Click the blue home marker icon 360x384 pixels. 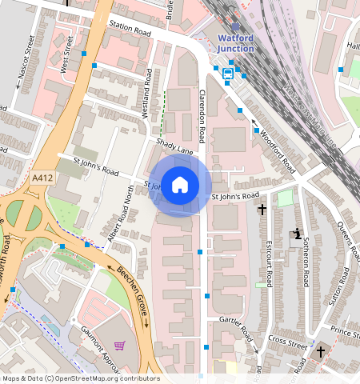click(180, 186)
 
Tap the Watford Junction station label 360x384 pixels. click(236, 42)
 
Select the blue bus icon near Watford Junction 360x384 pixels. click(228, 74)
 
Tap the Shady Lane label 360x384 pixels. click(175, 147)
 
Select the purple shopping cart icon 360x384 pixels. click(120, 346)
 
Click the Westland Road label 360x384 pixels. click(148, 93)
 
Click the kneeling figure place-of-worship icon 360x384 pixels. click(298, 234)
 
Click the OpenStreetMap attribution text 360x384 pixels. click(81, 378)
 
